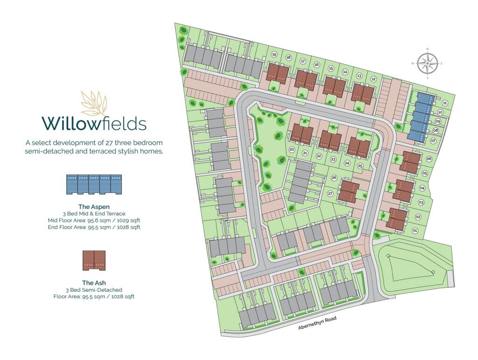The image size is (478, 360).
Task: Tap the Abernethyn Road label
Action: (x=317, y=323)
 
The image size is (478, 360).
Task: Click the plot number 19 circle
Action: (x=274, y=55)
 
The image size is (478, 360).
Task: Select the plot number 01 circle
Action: (x=415, y=231)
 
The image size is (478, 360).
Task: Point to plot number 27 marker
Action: (x=330, y=193)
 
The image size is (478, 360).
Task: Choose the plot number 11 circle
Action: (x=445, y=103)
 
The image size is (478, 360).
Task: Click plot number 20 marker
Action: (x=292, y=150)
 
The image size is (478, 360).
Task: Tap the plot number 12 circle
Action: (x=373, y=79)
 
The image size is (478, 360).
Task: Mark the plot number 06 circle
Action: (x=429, y=159)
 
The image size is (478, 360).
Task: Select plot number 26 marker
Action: (x=334, y=178)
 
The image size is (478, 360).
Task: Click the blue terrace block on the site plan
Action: (x=420, y=117)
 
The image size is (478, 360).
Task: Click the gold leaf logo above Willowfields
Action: (x=94, y=103)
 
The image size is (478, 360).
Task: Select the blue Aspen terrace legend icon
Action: (x=94, y=184)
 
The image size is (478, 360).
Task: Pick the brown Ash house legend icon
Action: (x=94, y=261)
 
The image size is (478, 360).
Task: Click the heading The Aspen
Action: (x=94, y=206)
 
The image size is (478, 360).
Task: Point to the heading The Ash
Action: (x=94, y=282)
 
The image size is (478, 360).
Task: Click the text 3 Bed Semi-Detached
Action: (x=94, y=290)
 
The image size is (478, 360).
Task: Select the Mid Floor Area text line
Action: (x=94, y=220)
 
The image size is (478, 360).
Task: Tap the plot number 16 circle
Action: (x=316, y=65)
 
